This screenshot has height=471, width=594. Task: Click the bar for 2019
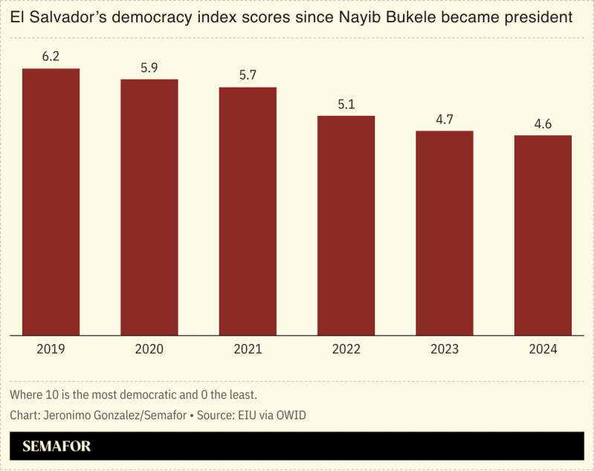pos(51,202)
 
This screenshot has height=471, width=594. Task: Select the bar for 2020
pos(149,207)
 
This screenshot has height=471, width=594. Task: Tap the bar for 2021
pos(248,212)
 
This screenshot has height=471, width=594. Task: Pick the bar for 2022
pos(346,226)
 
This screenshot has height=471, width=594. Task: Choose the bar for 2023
pos(444,233)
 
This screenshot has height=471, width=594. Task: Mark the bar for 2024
pos(543,235)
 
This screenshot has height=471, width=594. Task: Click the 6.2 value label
pos(51,56)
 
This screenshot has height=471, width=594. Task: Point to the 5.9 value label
pos(149,68)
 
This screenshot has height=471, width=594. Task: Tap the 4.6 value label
pos(543,124)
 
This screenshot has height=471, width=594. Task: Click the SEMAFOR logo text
pos(57,446)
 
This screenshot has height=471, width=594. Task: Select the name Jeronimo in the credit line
pos(68,415)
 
